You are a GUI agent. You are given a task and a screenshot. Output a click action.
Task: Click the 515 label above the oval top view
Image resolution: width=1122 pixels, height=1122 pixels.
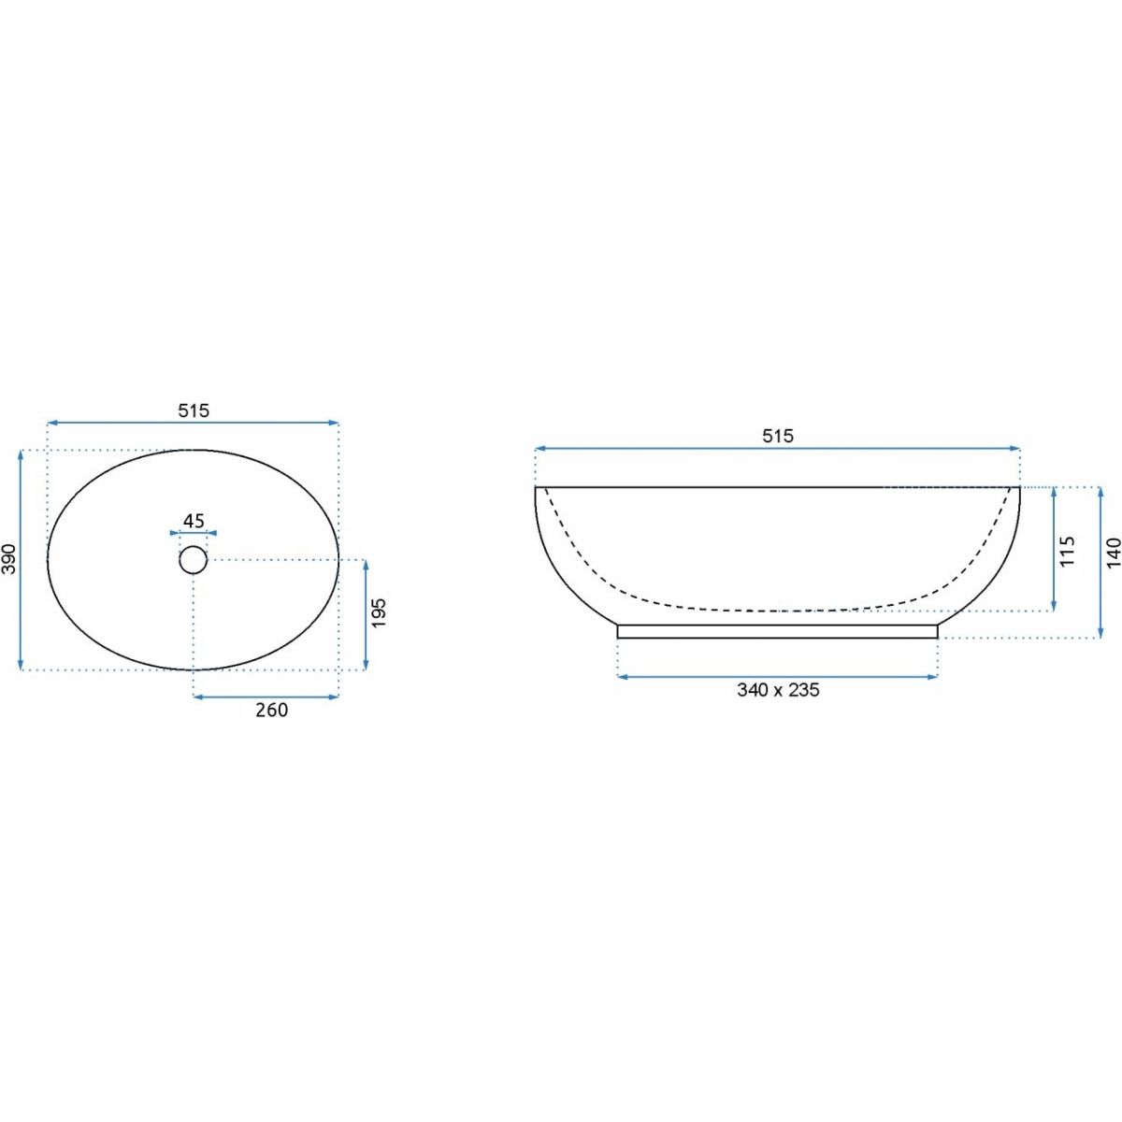(194, 410)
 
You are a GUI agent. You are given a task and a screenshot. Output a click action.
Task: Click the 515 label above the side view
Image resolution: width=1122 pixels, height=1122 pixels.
(778, 436)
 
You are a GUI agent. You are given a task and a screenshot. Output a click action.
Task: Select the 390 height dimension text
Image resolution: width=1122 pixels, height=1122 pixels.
(9, 559)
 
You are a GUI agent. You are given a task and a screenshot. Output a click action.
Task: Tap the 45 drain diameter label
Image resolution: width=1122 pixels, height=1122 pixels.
(194, 521)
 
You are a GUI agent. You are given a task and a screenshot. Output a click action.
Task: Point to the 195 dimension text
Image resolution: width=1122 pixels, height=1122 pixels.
(379, 612)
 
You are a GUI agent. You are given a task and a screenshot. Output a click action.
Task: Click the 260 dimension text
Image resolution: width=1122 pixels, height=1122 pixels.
(272, 710)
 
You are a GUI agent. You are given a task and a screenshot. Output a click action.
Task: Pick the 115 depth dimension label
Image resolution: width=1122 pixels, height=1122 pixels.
(1068, 552)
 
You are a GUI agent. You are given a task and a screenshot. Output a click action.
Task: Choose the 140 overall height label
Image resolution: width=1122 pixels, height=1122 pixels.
(1113, 553)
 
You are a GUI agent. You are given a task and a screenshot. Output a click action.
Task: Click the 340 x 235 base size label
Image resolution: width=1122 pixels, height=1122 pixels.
(778, 690)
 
